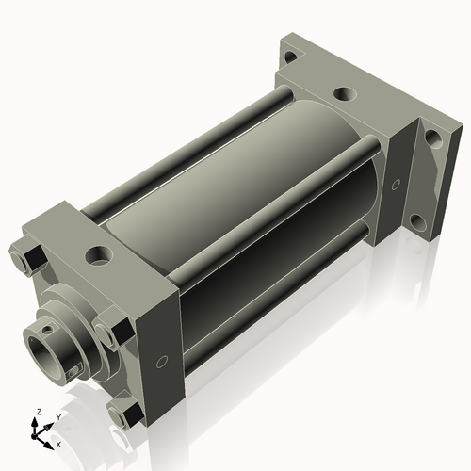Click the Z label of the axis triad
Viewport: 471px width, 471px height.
[37, 412]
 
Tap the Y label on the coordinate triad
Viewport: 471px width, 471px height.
[58, 415]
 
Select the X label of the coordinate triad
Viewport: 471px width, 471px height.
[58, 443]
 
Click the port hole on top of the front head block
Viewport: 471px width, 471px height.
[97, 255]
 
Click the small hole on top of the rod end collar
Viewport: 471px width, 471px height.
[45, 327]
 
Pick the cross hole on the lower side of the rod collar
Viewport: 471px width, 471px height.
[74, 373]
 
